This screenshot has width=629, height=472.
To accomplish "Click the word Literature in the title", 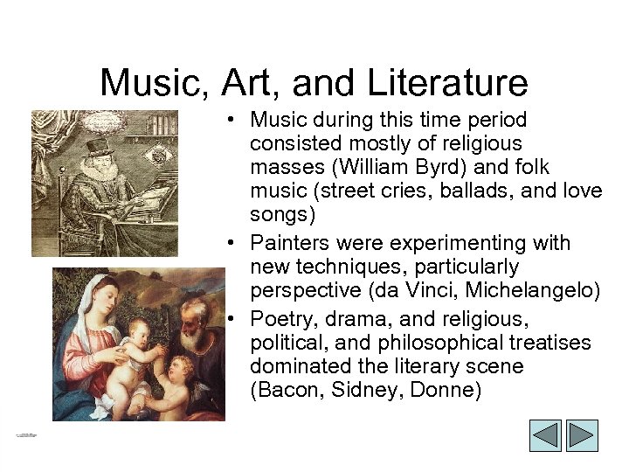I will click(453, 83).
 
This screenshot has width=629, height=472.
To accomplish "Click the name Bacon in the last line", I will click(287, 389).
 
